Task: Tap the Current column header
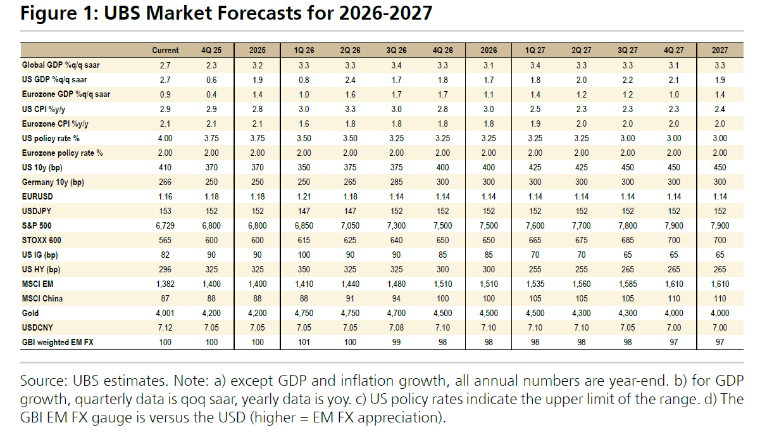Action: (165, 50)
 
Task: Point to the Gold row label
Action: (30, 313)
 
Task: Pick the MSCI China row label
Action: (42, 298)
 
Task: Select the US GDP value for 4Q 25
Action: (211, 80)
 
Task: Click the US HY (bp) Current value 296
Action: (165, 270)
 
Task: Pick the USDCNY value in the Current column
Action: (165, 327)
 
